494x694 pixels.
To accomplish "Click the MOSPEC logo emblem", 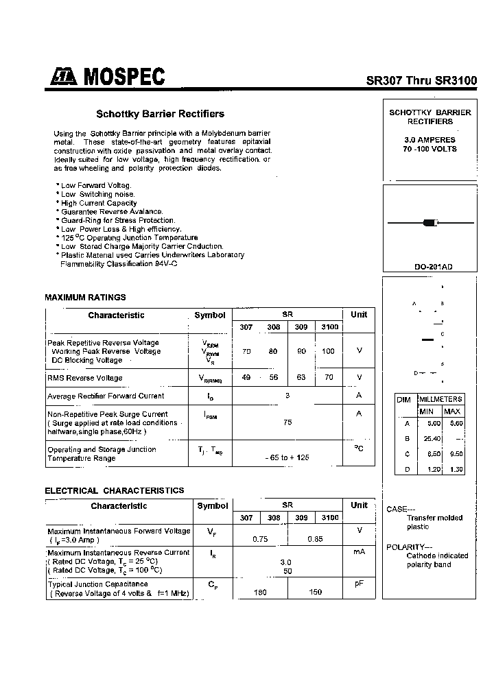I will click(x=62, y=78).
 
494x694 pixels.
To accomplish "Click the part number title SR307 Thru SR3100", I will click(x=421, y=80).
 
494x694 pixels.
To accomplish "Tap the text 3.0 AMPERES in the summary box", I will click(x=430, y=139).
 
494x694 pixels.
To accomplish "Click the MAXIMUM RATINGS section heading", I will click(x=85, y=298).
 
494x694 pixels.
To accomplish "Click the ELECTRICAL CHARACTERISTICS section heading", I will click(x=114, y=490).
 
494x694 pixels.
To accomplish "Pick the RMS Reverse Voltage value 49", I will click(x=246, y=377).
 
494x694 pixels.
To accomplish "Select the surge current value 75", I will click(x=287, y=422).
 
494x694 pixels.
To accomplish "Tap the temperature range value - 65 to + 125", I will click(x=287, y=457).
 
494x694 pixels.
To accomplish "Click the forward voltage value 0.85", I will click(x=315, y=539).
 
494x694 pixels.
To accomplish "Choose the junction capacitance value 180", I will click(x=260, y=592).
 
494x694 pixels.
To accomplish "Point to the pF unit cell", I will click(x=358, y=584).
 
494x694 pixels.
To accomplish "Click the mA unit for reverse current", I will click(x=358, y=551).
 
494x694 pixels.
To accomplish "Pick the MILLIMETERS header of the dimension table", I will click(x=440, y=399).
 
